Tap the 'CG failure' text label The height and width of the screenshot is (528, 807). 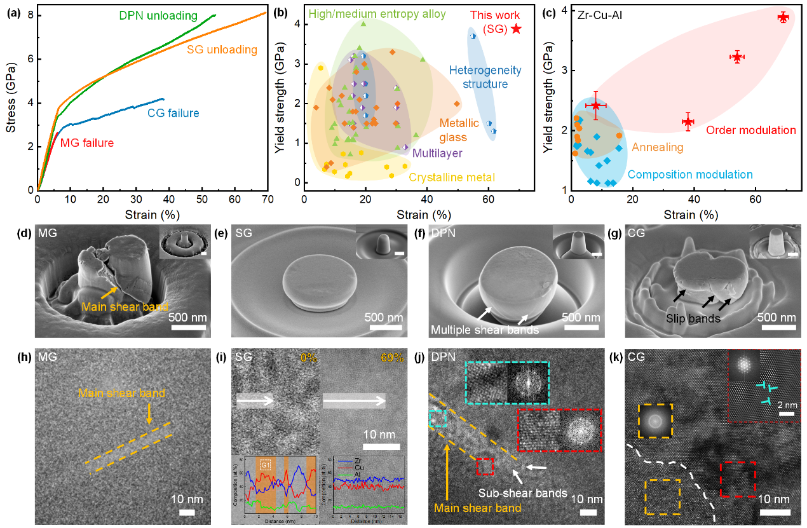pyautogui.click(x=173, y=114)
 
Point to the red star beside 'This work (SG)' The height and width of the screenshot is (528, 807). pyautogui.click(x=516, y=29)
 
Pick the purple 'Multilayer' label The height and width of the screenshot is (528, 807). pyautogui.click(x=437, y=153)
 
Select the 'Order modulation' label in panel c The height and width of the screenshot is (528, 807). pyautogui.click(x=751, y=130)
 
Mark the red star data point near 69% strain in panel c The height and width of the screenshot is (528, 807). pyautogui.click(x=783, y=17)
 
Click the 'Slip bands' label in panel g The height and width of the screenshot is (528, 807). pyautogui.click(x=696, y=318)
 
